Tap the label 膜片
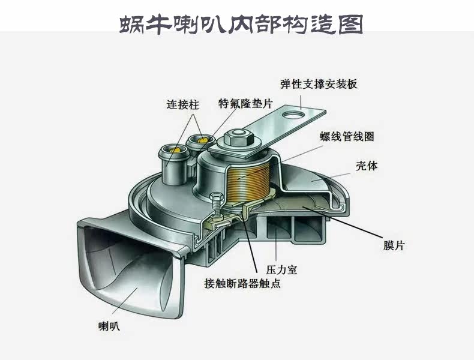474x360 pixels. (394, 246)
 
